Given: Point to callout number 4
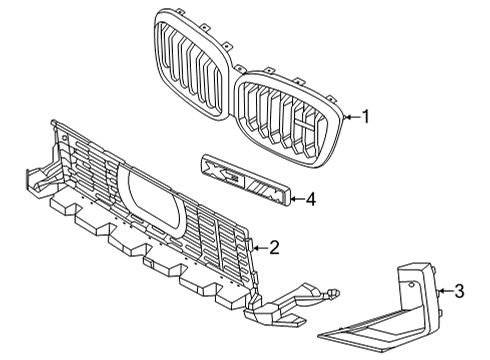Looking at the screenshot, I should click(310, 199).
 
